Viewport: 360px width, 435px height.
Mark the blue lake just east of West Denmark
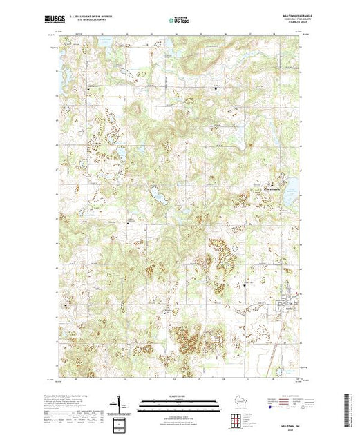(291, 186)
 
